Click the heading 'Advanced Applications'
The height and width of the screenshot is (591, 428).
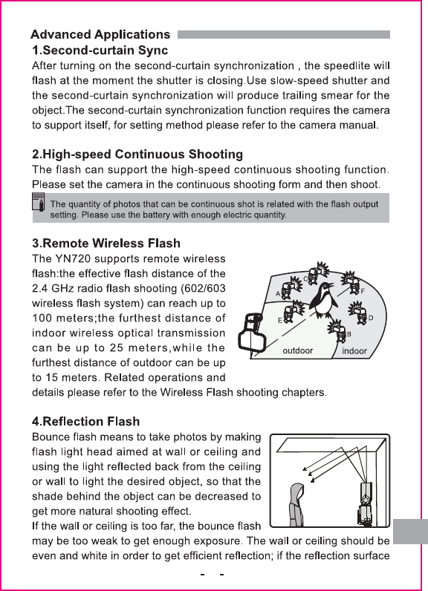[x=100, y=34]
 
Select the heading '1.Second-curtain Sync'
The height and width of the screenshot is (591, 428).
[x=100, y=50]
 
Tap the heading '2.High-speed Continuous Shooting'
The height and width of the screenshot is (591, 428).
[x=137, y=154]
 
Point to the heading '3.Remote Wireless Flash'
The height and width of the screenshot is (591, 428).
[x=106, y=243]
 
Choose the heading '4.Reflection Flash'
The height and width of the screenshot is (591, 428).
[x=86, y=421]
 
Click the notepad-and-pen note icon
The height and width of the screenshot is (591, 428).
[x=39, y=202]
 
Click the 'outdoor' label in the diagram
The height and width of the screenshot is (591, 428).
[x=297, y=350]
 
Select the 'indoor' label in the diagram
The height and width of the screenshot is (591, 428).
[x=354, y=351]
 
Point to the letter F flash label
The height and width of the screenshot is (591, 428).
[x=363, y=291]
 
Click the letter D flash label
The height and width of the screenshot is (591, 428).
[x=371, y=318]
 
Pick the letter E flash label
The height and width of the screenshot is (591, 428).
[x=280, y=321]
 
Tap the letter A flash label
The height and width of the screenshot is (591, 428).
[x=278, y=293]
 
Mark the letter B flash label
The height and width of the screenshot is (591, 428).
[x=349, y=334]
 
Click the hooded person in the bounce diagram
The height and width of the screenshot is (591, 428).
[x=296, y=504]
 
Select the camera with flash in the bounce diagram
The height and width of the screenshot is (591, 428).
[x=365, y=503]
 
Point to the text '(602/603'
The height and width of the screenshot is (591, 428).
[x=203, y=288]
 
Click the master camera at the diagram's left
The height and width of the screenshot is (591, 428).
[x=250, y=332]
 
